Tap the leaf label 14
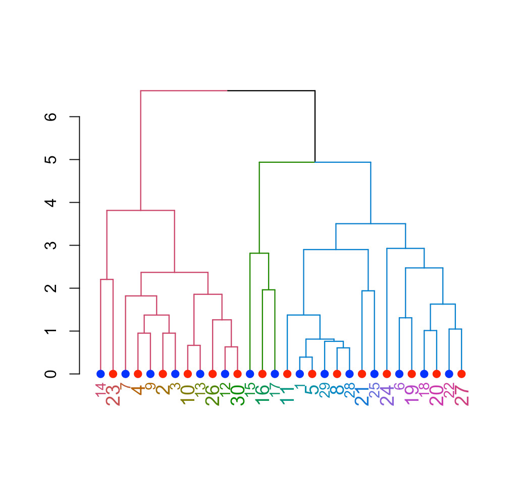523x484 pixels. point(101,391)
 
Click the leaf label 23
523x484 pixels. point(113,394)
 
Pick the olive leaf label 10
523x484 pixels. point(188,394)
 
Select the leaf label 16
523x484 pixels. point(263,394)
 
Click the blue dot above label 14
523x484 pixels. point(100,374)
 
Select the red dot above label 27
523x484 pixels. point(461,374)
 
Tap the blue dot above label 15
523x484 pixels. point(250,374)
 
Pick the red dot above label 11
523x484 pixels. point(287,374)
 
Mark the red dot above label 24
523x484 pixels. point(387,374)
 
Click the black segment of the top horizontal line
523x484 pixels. point(271,91)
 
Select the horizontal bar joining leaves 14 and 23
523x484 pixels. point(107,279)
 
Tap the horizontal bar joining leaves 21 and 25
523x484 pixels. point(368,291)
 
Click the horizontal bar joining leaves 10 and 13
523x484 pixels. point(194,345)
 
